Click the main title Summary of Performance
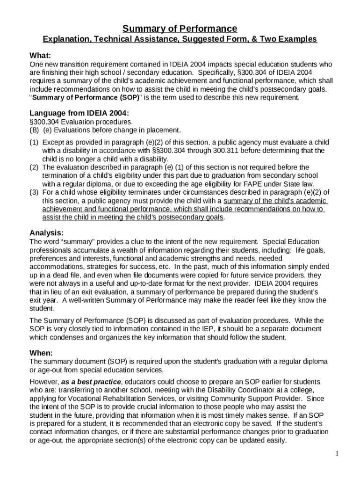click(180, 29)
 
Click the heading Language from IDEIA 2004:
click(79, 113)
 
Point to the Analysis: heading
click(47, 233)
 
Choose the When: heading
click(41, 353)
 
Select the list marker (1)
click(34, 142)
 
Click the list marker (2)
click(34, 167)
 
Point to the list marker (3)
click(34, 192)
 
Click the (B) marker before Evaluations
click(34, 130)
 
